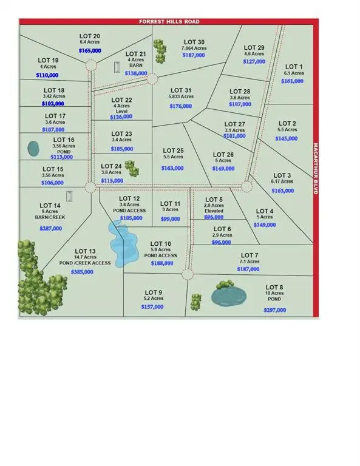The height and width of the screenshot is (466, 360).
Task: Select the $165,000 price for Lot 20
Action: click(90, 52)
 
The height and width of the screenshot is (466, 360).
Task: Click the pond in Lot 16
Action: click(34, 147)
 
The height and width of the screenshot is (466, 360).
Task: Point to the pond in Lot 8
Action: click(229, 297)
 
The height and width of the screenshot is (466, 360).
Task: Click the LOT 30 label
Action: click(194, 42)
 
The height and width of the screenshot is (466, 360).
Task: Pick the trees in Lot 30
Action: click(160, 52)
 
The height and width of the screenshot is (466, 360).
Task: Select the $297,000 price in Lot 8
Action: click(274, 310)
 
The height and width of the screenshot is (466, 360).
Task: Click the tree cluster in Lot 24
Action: click(128, 166)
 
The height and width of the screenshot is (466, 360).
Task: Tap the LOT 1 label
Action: click(293, 66)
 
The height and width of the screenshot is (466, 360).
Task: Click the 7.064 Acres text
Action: click(194, 49)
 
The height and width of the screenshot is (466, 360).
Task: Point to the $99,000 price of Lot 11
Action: click(169, 218)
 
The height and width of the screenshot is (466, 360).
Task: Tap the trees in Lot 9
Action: click(196, 301)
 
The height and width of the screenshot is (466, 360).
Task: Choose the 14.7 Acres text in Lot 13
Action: click(85, 257)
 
